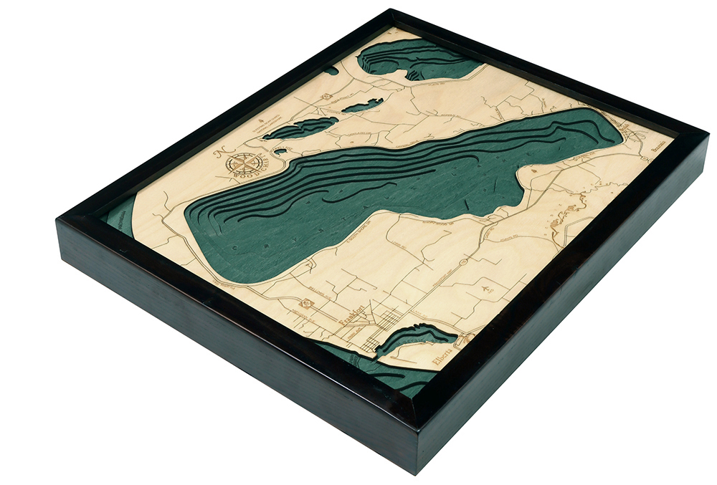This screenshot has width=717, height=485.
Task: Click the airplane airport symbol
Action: (488, 286)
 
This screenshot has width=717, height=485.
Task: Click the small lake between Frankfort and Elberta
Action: (416, 337)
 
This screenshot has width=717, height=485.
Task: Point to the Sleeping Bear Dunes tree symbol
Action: (267, 114)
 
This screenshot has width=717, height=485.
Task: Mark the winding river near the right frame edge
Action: (566, 213)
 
